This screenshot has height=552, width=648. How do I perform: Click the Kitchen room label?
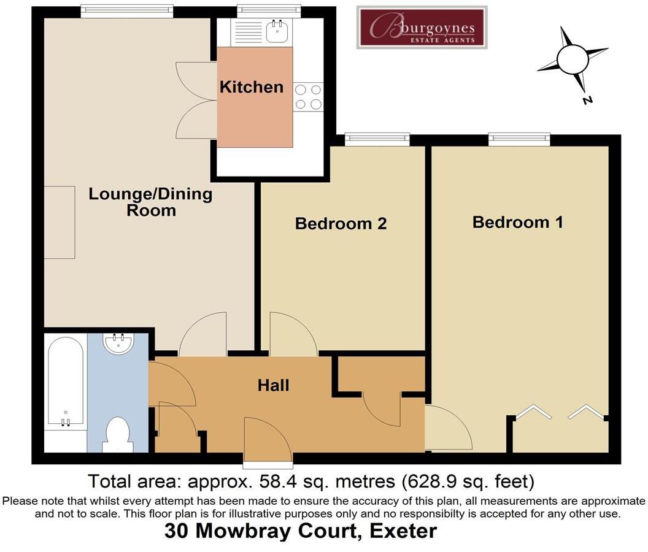(x=251, y=87)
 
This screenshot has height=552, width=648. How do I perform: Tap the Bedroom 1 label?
(x=517, y=222)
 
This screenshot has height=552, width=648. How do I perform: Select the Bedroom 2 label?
(x=341, y=223)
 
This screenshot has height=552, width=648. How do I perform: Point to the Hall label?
(x=273, y=385)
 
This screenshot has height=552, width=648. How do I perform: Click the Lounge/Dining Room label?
(x=150, y=202)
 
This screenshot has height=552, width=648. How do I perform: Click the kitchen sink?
(x=277, y=31)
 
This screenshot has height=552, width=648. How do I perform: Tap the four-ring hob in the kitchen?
(x=308, y=97)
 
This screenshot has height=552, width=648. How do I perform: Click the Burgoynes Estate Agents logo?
(x=422, y=27)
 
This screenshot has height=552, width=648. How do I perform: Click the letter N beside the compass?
(x=587, y=100)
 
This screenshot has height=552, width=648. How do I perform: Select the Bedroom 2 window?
(x=377, y=139)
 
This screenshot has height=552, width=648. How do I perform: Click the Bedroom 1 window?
(x=519, y=139)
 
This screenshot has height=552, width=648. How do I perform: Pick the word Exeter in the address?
(x=403, y=531)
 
